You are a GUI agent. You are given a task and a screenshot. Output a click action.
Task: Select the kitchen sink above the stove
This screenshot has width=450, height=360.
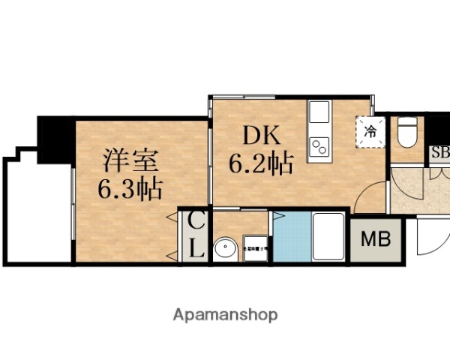tap(319, 114)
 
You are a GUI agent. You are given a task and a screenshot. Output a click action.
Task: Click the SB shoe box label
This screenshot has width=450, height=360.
tap(438, 154)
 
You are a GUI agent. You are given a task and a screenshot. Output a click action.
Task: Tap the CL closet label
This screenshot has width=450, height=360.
tap(196, 235)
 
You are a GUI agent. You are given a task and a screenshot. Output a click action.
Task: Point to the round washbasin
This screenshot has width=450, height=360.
tap(225, 248)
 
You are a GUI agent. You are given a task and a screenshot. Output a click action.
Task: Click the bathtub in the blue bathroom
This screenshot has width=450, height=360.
tap(328, 238)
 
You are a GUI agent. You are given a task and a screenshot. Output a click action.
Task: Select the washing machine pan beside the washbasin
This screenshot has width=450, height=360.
tap(256, 248)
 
